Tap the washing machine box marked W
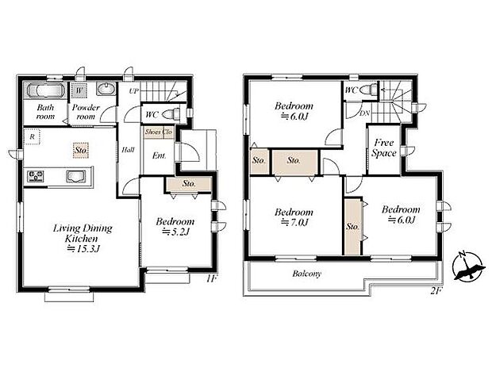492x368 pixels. coord(80,90)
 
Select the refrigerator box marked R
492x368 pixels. coord(32,135)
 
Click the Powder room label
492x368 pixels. coord(85,111)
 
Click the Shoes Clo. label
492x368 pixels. coord(160,132)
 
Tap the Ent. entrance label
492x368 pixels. coord(159,155)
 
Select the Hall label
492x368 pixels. coord(128,148)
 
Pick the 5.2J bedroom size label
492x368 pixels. coord(176,232)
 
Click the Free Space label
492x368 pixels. coord(384,148)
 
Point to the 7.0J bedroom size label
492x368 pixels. coord(294,222)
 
